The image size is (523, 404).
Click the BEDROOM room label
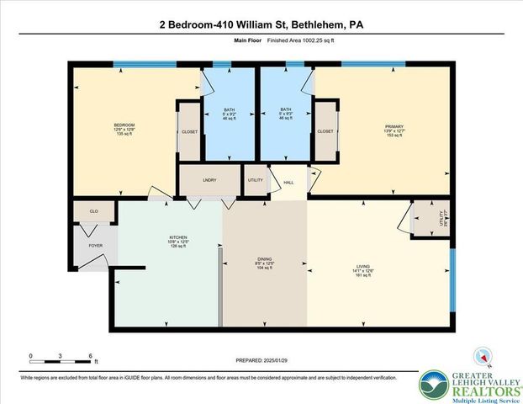(124, 125)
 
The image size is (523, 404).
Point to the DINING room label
(265, 259)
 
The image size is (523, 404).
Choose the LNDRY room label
(210, 180)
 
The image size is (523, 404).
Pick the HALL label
(288, 182)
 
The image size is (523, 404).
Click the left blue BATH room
(229, 114)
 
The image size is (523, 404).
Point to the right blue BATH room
(286, 114)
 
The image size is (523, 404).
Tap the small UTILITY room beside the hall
(255, 180)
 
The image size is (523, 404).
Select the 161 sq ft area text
(362, 275)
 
